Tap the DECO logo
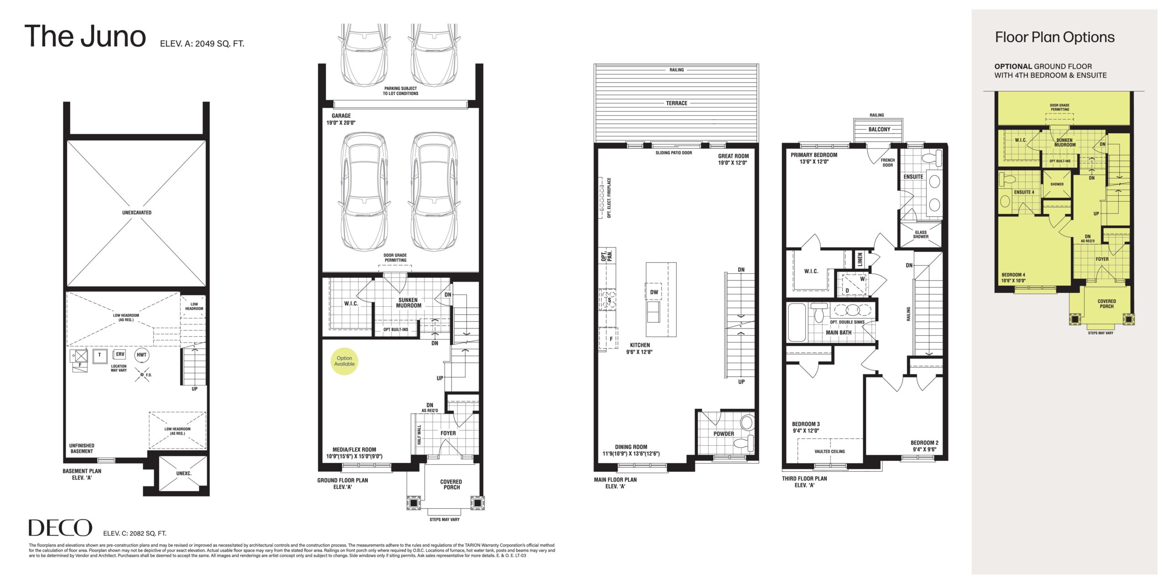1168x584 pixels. pos(60,528)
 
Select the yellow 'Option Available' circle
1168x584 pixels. pos(344,361)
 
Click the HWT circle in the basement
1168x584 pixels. pos(141,355)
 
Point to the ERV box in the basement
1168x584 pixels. pos(120,355)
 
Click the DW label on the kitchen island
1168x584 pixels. pos(654,292)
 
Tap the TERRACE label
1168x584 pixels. pos(677,103)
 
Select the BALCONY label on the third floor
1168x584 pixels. pos(879,129)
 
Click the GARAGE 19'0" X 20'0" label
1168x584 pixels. pos(341,119)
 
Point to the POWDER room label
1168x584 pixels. pos(724,434)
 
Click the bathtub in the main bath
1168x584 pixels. pos(797,322)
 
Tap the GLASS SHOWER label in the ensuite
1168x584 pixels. pos(921,235)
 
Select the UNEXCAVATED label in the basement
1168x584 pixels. pos(137,213)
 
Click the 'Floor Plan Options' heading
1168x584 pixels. pos(1055,37)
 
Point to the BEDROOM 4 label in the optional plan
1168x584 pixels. pos(1013,278)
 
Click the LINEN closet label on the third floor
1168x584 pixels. pos(860,260)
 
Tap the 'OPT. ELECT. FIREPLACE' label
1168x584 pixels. pos(609,198)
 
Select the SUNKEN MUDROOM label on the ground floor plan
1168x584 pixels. pos(408,303)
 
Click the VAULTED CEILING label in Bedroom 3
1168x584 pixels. pos(829,452)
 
